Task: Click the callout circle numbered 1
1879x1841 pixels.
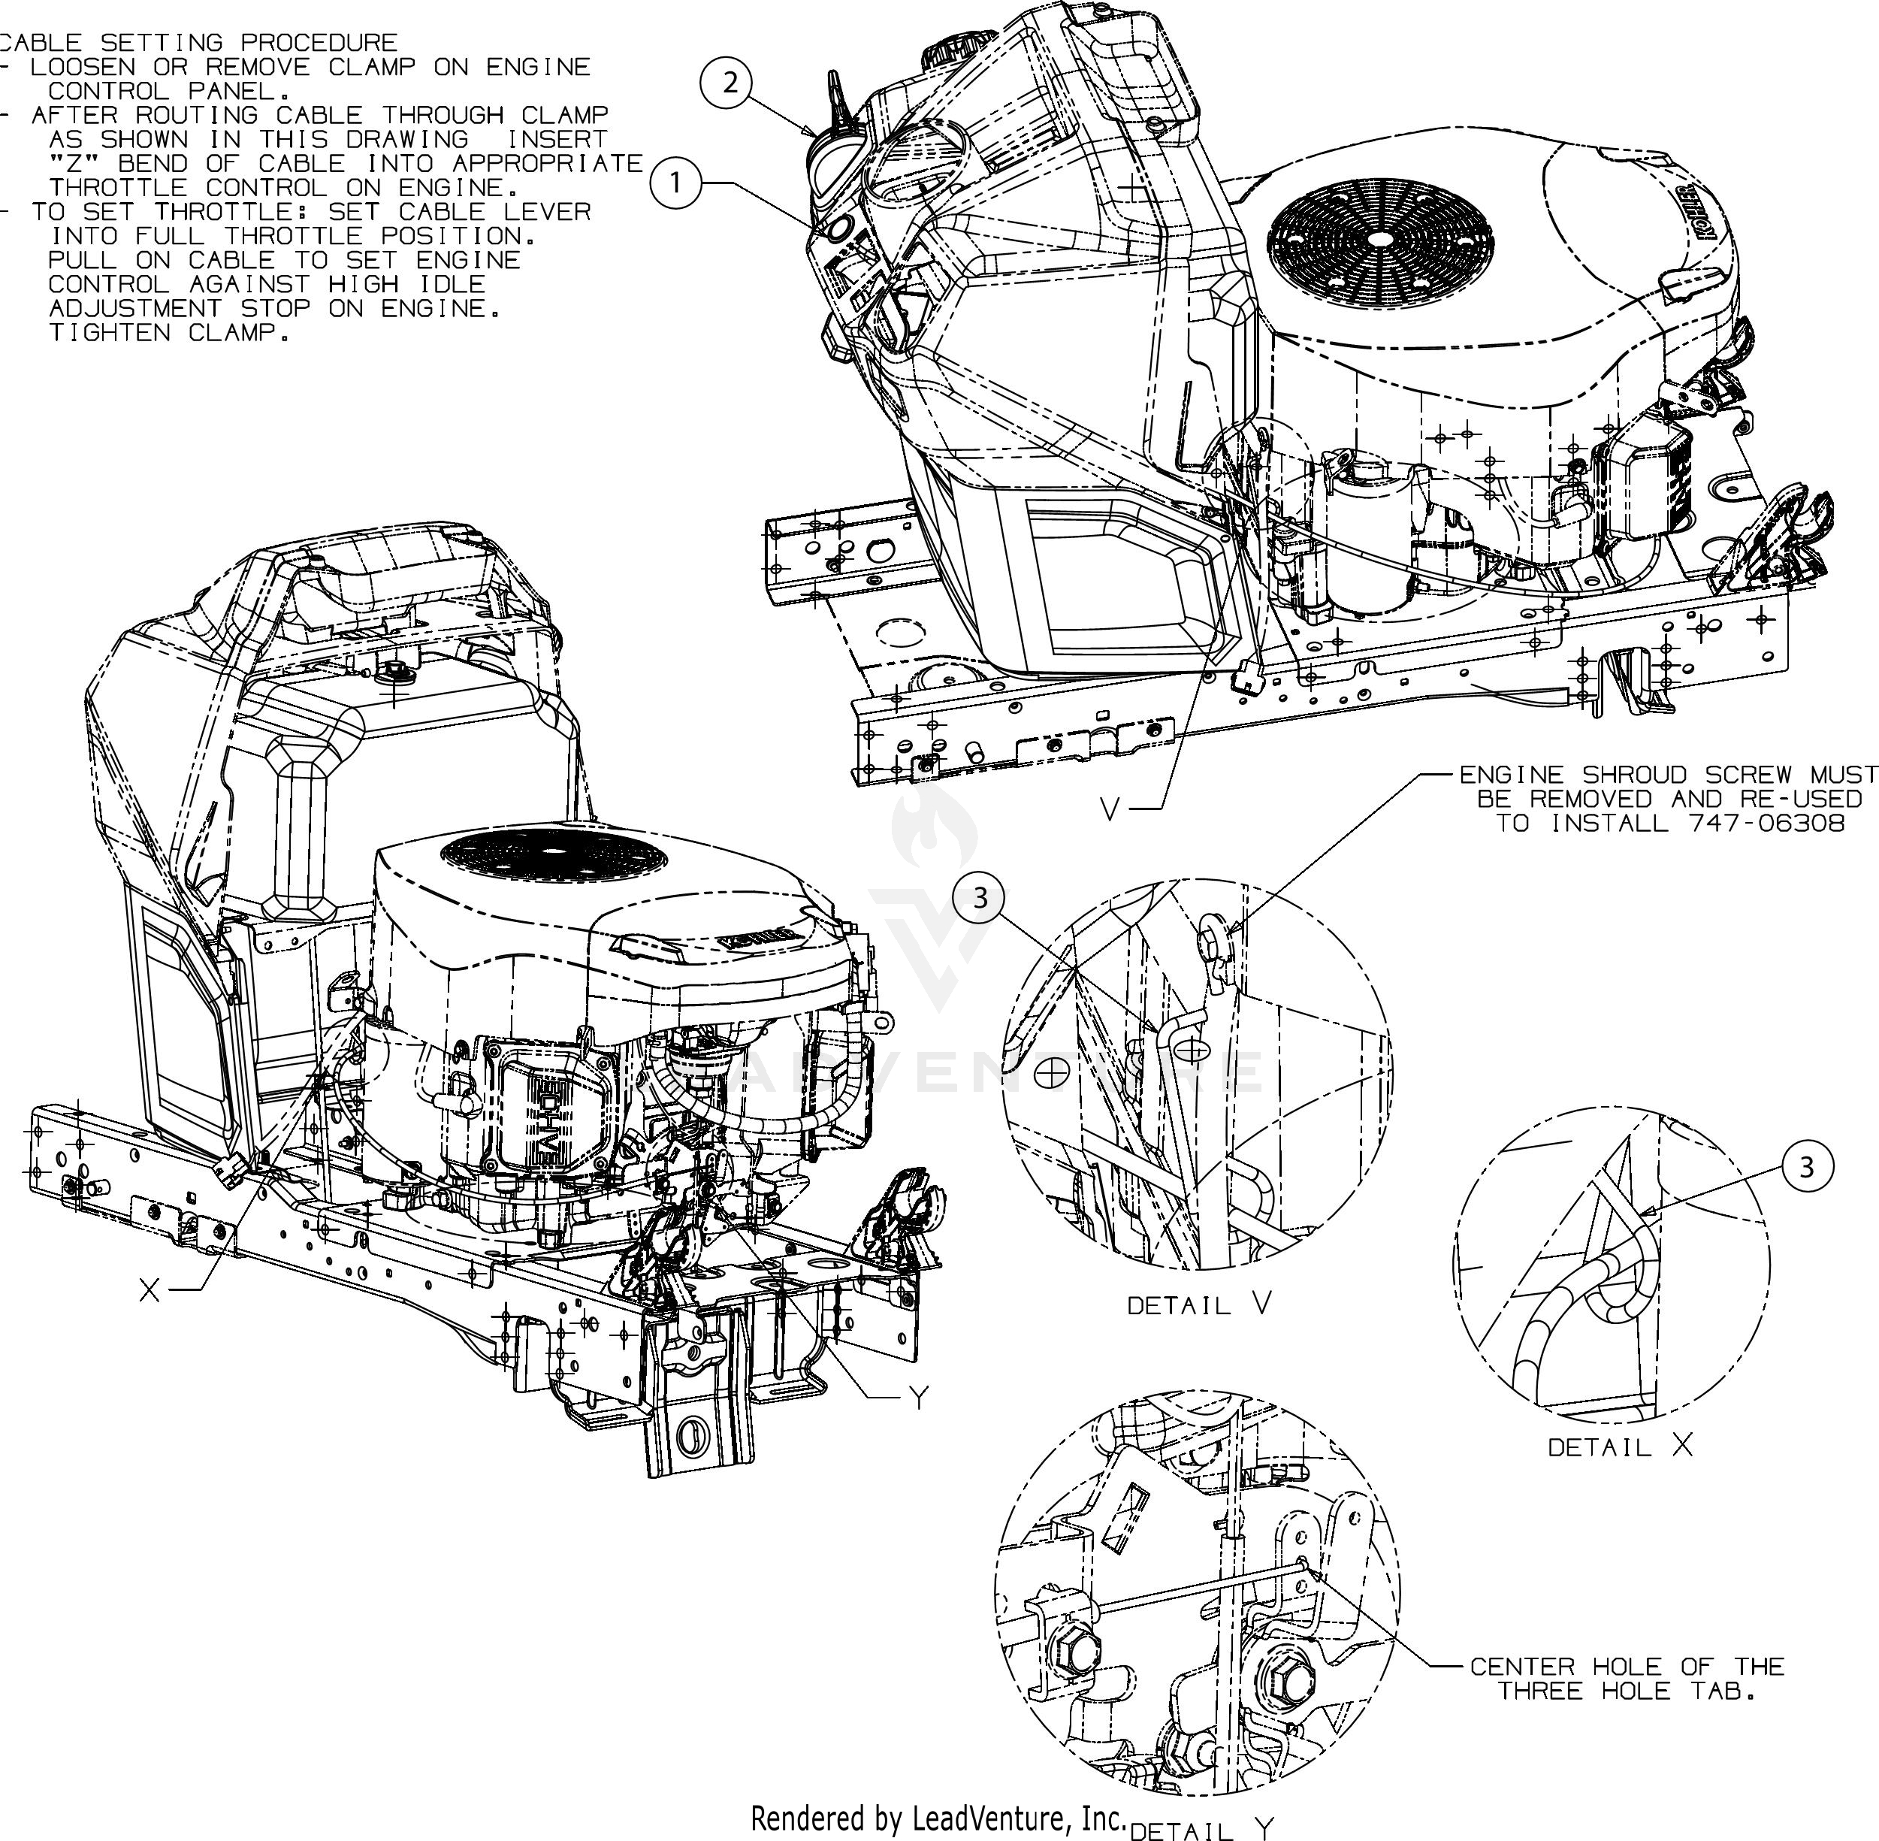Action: pos(675,183)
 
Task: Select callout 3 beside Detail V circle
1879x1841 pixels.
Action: pos(980,898)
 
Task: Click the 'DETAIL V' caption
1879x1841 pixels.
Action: pos(1198,1305)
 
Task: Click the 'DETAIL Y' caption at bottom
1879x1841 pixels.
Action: pos(1201,1830)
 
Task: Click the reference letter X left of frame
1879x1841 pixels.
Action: pos(150,1289)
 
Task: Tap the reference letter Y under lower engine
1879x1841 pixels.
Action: pos(918,1396)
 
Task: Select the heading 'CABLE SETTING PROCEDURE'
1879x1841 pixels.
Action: pos(199,43)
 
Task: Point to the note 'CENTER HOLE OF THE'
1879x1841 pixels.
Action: pos(1627,1666)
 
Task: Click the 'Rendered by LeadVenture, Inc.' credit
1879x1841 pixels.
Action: pos(938,1818)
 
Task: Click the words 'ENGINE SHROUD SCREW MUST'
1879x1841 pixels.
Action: pos(1667,775)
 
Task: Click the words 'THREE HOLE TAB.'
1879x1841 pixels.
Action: pos(1627,1691)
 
